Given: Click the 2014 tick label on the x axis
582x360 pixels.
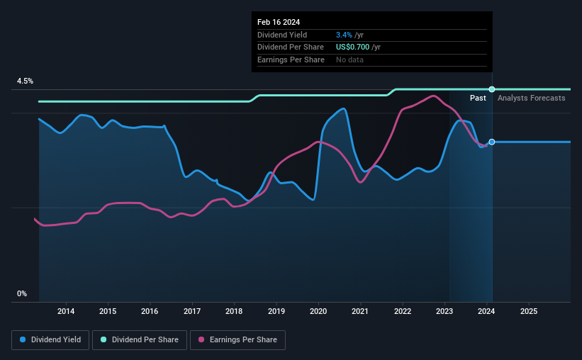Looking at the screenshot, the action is tap(66, 311).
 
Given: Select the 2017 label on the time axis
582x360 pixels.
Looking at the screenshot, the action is tap(192, 311).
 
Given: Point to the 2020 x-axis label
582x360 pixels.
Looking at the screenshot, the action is tap(318, 311).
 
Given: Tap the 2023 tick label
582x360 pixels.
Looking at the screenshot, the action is tap(444, 311).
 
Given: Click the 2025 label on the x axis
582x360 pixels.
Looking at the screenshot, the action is tap(529, 311).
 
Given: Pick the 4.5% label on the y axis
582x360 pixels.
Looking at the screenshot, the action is tap(25, 81).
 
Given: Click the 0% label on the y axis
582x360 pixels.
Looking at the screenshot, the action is tap(22, 293).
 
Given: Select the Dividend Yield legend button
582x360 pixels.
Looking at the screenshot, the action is tap(50, 340).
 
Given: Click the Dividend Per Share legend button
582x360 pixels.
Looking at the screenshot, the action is tap(140, 340).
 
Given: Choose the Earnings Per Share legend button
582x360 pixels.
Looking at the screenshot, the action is tap(237, 340).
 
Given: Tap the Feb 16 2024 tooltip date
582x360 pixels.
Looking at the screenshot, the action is tap(279, 22).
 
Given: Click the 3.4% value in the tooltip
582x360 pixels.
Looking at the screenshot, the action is tap(344, 35).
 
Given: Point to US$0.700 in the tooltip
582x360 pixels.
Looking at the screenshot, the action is tap(352, 47).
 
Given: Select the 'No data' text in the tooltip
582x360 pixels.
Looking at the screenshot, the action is tap(349, 60).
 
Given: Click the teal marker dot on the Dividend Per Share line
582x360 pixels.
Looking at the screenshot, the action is tap(492, 89).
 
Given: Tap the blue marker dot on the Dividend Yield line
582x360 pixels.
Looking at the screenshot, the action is tap(492, 142).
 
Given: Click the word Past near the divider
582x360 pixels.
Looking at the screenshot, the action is tap(478, 98).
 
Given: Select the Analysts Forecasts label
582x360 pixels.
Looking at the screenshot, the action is tap(531, 98).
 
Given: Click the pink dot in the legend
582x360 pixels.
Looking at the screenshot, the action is tap(201, 339).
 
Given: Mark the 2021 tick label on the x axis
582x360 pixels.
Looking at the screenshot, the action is tap(359, 311).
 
